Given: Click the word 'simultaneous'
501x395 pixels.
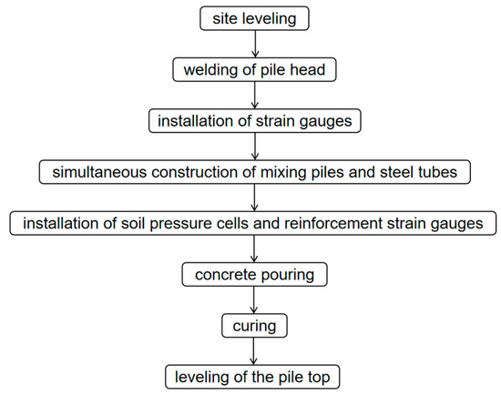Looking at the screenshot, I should click(91, 170).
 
